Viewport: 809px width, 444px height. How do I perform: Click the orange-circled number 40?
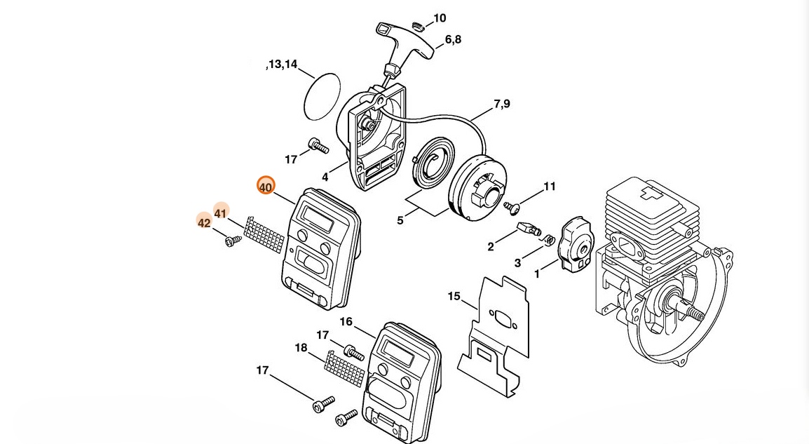(266, 187)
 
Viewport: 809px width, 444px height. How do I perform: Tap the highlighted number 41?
(221, 213)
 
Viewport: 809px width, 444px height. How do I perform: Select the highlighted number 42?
(204, 222)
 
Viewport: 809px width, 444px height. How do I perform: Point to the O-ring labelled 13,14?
(322, 97)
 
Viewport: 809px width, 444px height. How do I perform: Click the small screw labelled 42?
(233, 240)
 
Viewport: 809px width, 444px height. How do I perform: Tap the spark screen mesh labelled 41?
(264, 235)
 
